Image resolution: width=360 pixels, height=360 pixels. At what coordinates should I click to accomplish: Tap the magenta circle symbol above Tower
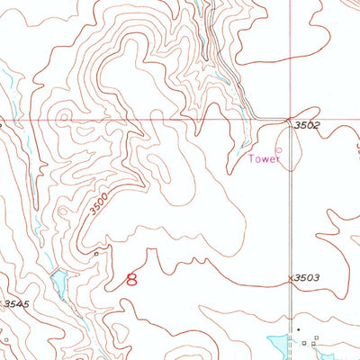[x=278, y=149]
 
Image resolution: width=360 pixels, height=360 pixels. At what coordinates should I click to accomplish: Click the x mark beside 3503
[x=291, y=279]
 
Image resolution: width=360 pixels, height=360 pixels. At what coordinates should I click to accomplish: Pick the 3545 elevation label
[x=15, y=304]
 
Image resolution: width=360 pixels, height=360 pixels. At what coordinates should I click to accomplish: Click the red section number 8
[x=132, y=280]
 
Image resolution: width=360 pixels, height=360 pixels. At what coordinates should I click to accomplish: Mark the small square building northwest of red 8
[x=97, y=254]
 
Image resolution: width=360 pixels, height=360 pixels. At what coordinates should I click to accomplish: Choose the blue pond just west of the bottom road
[x=277, y=343]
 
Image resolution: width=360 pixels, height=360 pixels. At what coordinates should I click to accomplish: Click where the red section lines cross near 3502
[x=289, y=120]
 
